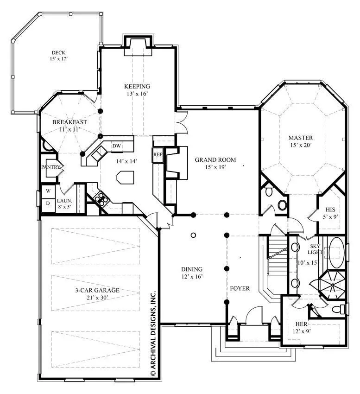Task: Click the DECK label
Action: point(58,52)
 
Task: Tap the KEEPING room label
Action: point(137,86)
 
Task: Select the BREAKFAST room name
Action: point(69,122)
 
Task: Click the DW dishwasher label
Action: point(116,146)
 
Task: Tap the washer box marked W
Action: point(48,191)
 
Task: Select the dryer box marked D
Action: point(48,203)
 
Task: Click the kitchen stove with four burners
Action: point(102,197)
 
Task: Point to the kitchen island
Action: point(125,177)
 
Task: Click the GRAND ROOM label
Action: point(215,160)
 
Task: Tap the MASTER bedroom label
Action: point(301,138)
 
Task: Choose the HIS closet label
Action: point(330,210)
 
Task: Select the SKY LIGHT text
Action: point(315,249)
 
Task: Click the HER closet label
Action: point(301,324)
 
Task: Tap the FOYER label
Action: point(240,288)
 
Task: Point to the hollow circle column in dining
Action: point(193,235)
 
